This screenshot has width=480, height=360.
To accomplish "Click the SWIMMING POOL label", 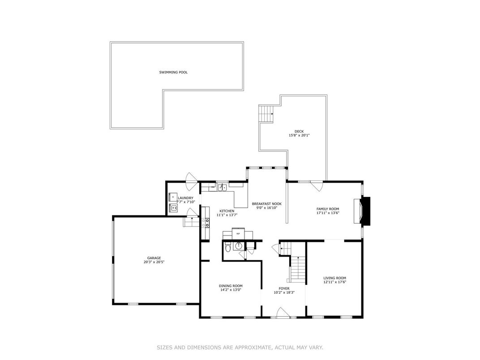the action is click(x=173, y=72).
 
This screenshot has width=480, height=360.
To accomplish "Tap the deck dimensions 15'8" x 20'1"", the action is click(x=299, y=135).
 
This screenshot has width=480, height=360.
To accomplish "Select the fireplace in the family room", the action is click(x=362, y=211).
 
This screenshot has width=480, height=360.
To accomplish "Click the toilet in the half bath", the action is click(x=227, y=247).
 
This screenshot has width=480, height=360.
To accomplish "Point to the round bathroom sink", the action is click(x=238, y=246).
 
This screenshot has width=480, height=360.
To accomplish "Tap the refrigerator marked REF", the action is click(x=238, y=234).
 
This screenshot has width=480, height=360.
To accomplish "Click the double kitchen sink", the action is click(x=223, y=187).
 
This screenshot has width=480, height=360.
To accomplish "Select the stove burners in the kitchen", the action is click(x=205, y=223).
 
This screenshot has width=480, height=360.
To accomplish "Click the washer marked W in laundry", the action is click(x=174, y=208).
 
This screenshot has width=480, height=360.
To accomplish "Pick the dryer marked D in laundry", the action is click(x=173, y=197).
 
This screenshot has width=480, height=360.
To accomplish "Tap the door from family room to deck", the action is click(x=317, y=186).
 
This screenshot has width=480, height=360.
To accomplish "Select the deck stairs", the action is click(x=266, y=114).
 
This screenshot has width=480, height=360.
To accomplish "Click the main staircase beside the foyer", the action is click(x=298, y=269).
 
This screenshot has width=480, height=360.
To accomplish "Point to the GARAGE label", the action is click(x=154, y=258).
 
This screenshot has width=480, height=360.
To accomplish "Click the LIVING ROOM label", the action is click(x=334, y=278).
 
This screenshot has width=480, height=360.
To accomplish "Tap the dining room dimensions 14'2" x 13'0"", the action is click(x=231, y=290).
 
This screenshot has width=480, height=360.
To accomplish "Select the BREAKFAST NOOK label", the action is click(x=266, y=204).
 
